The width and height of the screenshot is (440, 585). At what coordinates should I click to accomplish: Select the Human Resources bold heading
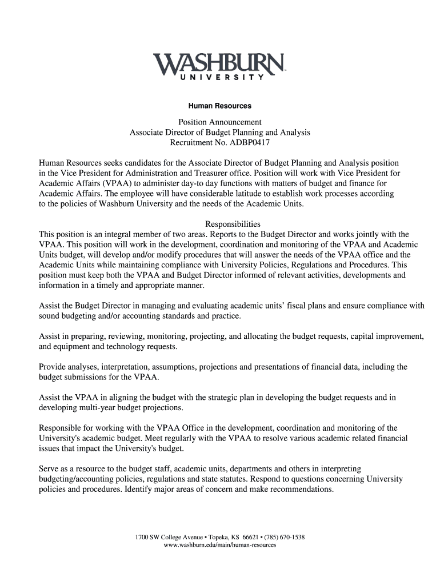point(220,106)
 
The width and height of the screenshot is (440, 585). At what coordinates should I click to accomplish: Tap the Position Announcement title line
point(220,122)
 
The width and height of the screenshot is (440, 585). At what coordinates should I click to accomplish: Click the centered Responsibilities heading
point(233,224)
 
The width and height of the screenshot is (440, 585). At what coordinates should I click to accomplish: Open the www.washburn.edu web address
point(220,545)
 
